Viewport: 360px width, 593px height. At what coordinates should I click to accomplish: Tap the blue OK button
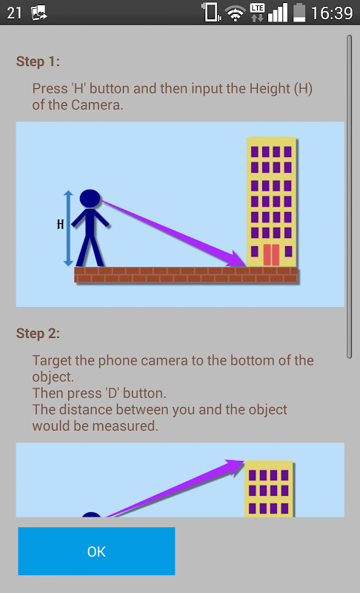click(96, 551)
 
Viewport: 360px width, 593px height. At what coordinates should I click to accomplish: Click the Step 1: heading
click(38, 62)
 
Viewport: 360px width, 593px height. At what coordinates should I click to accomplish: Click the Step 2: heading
click(38, 334)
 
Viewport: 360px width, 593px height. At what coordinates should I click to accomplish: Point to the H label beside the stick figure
click(61, 225)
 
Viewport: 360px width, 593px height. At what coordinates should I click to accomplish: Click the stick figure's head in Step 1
click(90, 199)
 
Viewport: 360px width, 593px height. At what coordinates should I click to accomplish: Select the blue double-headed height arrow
click(68, 228)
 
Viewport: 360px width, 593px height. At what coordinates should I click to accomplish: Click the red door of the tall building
click(271, 255)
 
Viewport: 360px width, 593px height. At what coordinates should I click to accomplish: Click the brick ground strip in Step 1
click(186, 275)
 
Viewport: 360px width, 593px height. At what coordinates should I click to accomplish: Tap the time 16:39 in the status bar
click(332, 13)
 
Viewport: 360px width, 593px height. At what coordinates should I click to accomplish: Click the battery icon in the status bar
click(299, 13)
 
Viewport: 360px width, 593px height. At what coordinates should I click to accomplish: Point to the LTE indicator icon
click(257, 13)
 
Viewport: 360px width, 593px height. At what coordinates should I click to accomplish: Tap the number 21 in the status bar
click(14, 13)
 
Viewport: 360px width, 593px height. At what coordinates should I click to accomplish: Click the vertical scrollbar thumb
click(350, 196)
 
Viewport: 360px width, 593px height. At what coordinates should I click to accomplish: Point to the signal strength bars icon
click(278, 13)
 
